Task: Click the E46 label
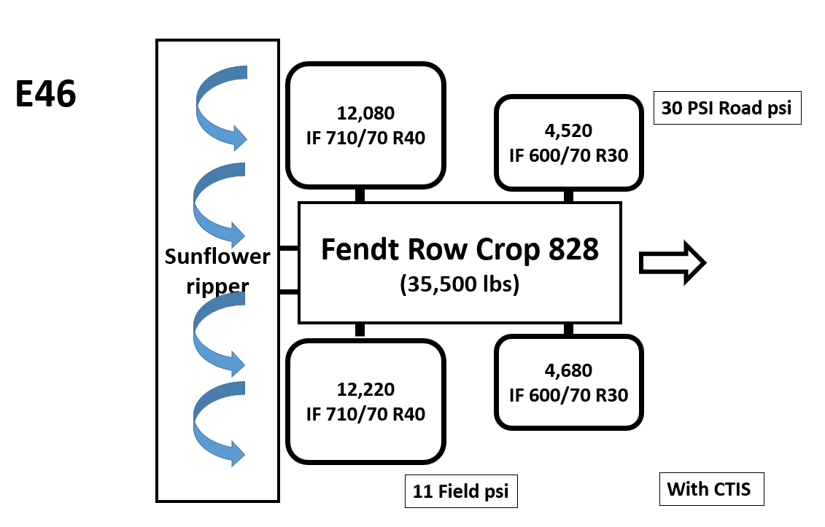point(46,95)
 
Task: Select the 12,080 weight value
point(365,113)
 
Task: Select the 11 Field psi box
point(461,491)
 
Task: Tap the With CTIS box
point(710,489)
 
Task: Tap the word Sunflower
point(217,257)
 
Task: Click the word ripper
point(217,286)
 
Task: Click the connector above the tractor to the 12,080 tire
point(360,195)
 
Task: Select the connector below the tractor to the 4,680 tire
point(568,329)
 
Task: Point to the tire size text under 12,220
point(365,413)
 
